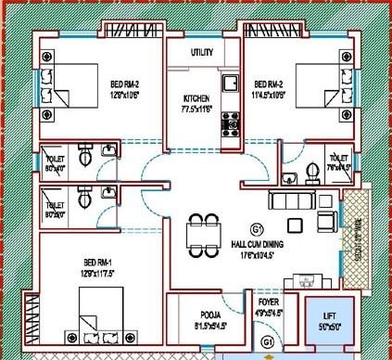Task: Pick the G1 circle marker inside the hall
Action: pyautogui.click(x=256, y=229)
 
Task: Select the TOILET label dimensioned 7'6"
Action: pyautogui.click(x=338, y=163)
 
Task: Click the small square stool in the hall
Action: pyautogui.click(x=294, y=224)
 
